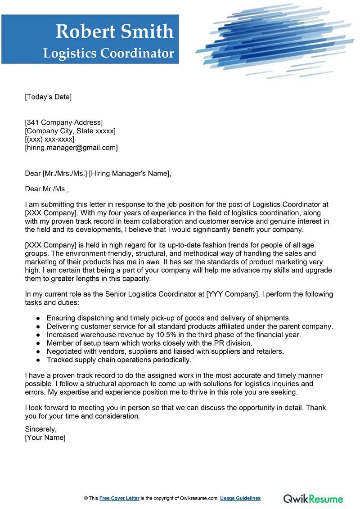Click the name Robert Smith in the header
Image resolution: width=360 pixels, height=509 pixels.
tap(114, 31)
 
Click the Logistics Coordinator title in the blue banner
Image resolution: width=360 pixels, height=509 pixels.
tap(108, 53)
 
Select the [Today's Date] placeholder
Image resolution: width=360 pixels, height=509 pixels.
tap(48, 97)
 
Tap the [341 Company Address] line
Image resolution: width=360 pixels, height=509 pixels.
tap(63, 122)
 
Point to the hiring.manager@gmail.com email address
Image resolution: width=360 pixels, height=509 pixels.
tap(71, 148)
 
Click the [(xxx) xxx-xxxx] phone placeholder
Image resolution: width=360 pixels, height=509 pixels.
tap(49, 140)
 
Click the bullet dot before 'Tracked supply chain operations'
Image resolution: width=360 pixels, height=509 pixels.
tap(38, 360)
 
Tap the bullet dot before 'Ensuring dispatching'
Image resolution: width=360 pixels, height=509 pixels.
tap(38, 318)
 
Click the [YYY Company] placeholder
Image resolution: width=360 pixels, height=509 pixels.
tap(231, 294)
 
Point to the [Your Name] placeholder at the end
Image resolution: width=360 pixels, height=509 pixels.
tap(45, 437)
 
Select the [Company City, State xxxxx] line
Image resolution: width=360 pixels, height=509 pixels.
tap(70, 131)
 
